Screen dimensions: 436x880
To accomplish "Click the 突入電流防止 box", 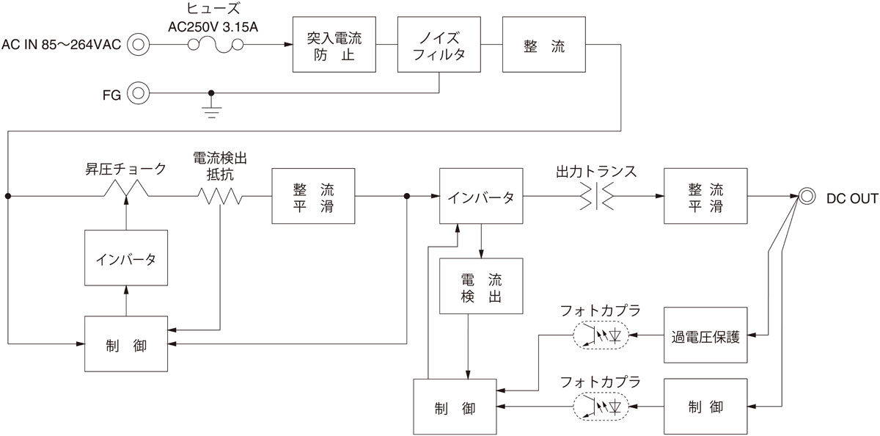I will tap(334, 44).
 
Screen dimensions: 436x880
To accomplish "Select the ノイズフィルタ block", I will tap(439, 44).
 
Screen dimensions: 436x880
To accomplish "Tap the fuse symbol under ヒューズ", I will tap(215, 45).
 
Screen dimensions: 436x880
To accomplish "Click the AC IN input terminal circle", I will tap(138, 45).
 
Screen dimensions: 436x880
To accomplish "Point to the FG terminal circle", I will tap(138, 93).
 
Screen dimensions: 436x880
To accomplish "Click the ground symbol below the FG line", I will tap(212, 111).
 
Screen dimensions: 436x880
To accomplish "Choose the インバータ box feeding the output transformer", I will tap(482, 197).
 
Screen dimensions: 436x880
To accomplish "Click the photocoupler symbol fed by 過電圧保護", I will tap(601, 335).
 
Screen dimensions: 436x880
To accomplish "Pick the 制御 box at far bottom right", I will tap(705, 406).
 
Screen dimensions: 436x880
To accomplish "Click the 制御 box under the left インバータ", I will tap(126, 344).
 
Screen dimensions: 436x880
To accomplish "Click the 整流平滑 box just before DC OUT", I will tap(705, 197).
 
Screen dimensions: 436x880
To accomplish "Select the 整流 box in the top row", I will tap(544, 44).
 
